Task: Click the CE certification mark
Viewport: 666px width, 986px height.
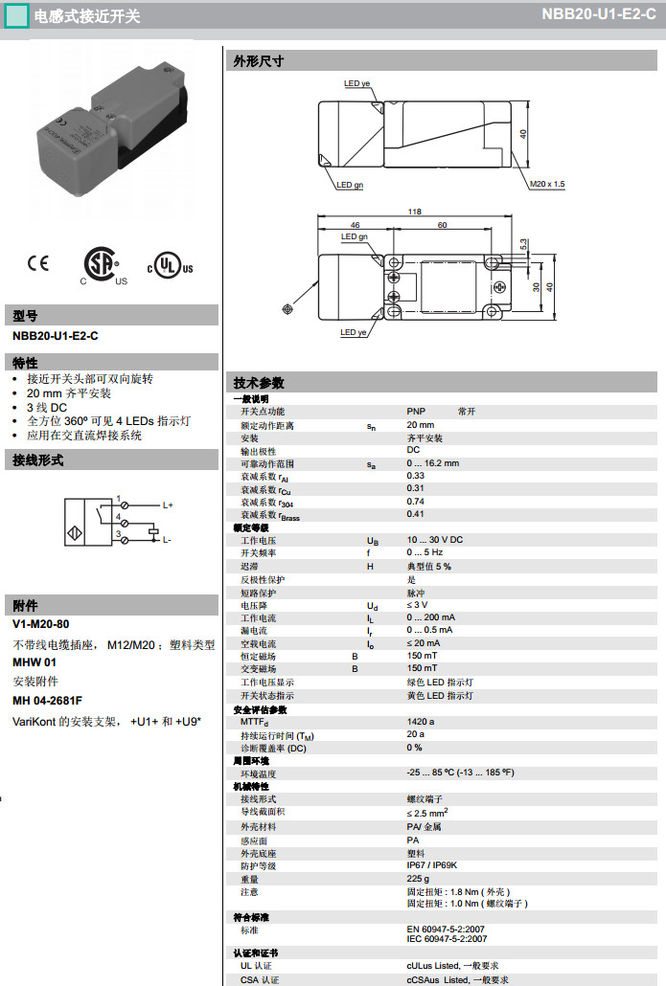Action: coord(38,262)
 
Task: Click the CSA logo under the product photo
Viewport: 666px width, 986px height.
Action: coord(100,265)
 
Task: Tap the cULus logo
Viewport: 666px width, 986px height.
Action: coord(170,265)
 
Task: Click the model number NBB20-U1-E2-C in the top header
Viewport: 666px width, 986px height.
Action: coord(598,14)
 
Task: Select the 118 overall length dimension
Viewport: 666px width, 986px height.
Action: coord(414,212)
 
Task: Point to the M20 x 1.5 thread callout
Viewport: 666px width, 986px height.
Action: coord(547,184)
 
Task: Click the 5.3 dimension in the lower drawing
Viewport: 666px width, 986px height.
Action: coord(523,246)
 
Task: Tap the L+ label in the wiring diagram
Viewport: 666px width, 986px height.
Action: coord(167,504)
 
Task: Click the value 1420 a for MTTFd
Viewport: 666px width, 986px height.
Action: coord(421,722)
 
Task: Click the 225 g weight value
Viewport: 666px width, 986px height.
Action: coord(417,878)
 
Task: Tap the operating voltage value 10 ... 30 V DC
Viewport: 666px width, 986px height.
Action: coord(435,540)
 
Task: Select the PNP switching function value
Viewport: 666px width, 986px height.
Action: coord(416,411)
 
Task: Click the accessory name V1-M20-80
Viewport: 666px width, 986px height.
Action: coord(41,624)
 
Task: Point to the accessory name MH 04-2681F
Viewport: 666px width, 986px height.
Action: coord(48,701)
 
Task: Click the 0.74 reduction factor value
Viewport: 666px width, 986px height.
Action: coord(416,501)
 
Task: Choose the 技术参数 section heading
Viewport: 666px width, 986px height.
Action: coord(259,383)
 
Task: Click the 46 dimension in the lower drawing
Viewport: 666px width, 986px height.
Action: coord(342,225)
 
